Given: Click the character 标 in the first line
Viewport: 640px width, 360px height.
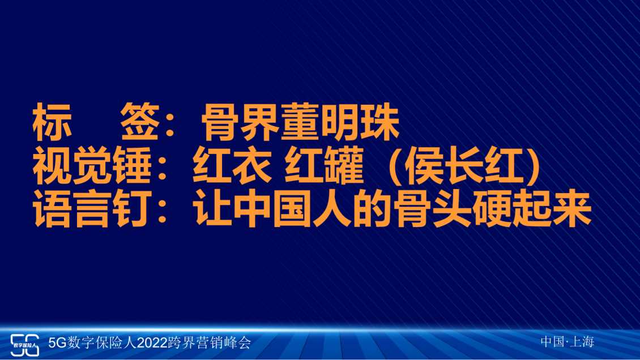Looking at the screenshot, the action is (53, 122).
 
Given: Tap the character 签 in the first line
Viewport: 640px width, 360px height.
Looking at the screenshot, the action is (140, 122).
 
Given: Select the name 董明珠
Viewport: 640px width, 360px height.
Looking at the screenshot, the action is (340, 122).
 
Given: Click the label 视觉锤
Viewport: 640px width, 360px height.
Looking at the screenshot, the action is (92, 166).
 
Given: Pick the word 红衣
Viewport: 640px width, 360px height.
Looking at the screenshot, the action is (232, 166).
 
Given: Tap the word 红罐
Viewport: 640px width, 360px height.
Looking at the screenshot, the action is (324, 166).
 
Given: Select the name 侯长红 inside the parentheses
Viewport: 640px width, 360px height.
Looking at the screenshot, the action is (464, 166).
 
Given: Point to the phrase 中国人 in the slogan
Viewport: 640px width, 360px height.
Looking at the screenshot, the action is (292, 209).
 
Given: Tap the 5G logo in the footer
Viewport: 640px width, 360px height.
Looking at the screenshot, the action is (24, 345).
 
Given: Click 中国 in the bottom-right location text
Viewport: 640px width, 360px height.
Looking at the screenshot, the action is (553, 341).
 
